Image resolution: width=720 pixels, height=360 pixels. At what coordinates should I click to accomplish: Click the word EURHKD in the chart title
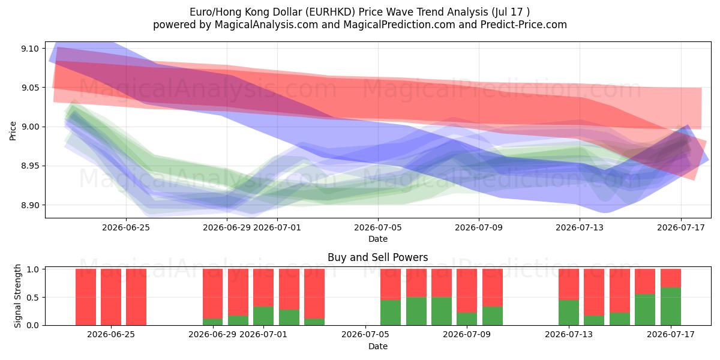[331, 12]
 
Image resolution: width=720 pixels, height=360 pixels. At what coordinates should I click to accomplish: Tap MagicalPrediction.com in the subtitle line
[399, 25]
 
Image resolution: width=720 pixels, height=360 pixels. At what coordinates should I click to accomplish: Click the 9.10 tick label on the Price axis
[30, 49]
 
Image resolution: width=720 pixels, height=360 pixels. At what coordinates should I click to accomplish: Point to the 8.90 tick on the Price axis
[30, 205]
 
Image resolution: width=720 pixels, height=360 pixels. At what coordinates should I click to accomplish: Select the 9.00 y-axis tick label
[30, 127]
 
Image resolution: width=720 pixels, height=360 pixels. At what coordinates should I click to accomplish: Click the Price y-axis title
[13, 131]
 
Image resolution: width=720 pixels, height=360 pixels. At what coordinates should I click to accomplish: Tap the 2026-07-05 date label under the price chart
[378, 227]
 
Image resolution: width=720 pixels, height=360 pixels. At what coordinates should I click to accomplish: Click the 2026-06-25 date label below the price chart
[126, 227]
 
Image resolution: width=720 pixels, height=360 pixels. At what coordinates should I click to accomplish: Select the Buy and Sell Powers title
[377, 257]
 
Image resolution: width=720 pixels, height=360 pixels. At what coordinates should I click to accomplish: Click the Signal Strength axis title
[17, 296]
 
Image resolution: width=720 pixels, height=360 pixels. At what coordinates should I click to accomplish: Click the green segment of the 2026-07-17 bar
[671, 307]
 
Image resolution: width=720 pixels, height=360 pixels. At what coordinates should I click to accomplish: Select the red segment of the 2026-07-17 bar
[671, 278]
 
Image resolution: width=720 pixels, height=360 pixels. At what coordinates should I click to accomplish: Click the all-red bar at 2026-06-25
[111, 297]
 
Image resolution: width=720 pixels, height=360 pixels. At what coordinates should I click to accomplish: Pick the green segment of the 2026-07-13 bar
[569, 313]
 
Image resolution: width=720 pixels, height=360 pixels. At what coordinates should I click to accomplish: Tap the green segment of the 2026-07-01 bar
[263, 316]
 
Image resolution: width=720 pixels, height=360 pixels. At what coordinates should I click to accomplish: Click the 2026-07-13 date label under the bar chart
[569, 334]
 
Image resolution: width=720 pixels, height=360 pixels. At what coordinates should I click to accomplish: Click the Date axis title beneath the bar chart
[378, 346]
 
